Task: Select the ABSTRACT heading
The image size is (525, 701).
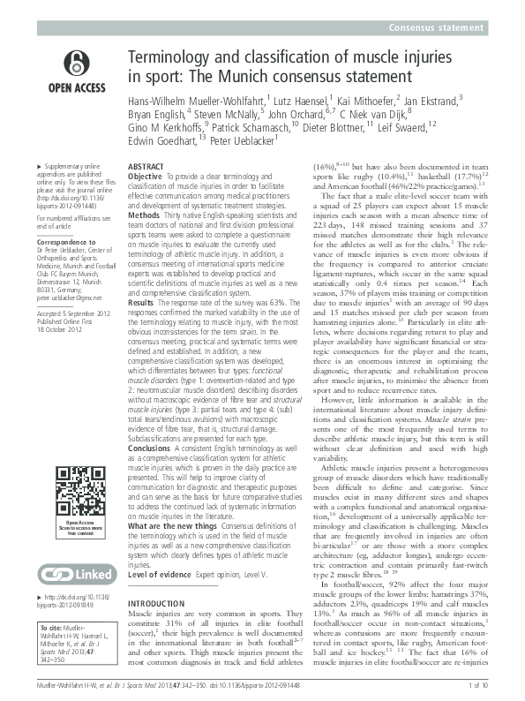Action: (146, 166)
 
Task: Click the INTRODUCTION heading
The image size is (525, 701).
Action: (157, 604)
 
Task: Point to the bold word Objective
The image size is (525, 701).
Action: (145, 177)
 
